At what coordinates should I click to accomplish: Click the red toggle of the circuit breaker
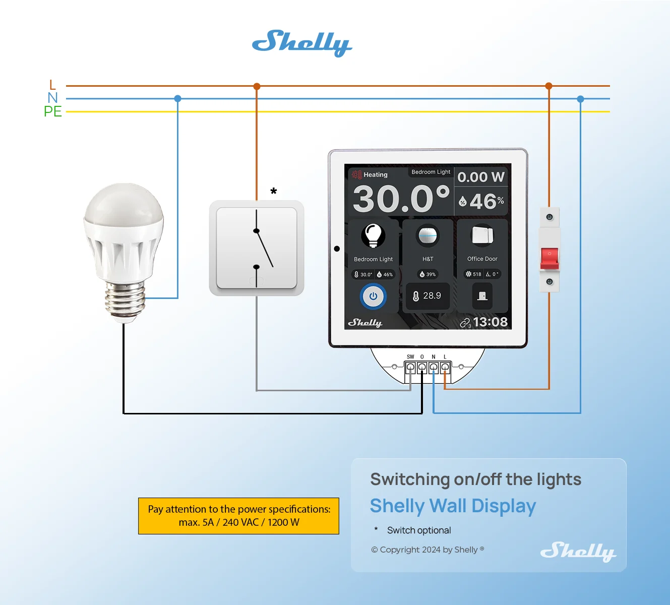550,258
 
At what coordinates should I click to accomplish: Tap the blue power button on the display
373,296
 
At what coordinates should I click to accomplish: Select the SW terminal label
410,357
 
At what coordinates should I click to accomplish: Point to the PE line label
53,111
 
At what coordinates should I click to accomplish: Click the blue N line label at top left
53,98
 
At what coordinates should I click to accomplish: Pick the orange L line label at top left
52,85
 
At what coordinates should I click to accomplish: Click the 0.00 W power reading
481,177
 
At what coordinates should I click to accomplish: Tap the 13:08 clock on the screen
491,322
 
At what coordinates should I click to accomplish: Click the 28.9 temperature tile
428,296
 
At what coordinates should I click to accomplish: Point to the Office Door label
482,259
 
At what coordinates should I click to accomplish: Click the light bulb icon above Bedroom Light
373,235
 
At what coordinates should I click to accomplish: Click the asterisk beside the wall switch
274,191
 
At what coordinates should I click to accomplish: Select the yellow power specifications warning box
239,516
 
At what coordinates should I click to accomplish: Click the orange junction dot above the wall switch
257,86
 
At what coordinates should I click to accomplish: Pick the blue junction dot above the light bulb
177,98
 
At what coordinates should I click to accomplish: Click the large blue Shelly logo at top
302,43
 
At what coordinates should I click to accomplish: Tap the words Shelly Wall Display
453,506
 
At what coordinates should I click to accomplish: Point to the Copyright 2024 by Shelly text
428,550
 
